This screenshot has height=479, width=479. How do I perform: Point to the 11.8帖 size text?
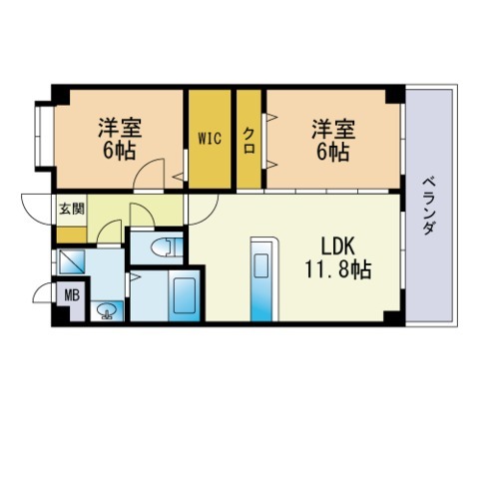coord(337,269)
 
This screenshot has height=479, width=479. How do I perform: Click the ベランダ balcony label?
coord(428,206)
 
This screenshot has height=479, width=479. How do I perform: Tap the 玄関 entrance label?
coord(70,209)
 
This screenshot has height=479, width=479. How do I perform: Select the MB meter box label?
coord(71,294)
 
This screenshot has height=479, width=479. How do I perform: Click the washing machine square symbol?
coord(72,262)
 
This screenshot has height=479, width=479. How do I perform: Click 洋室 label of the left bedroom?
coord(119,128)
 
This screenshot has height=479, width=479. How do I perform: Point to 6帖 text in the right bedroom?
coord(332,153)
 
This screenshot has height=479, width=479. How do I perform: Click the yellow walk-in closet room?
coord(210,160)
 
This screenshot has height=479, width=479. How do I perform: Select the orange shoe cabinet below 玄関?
coord(70,234)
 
